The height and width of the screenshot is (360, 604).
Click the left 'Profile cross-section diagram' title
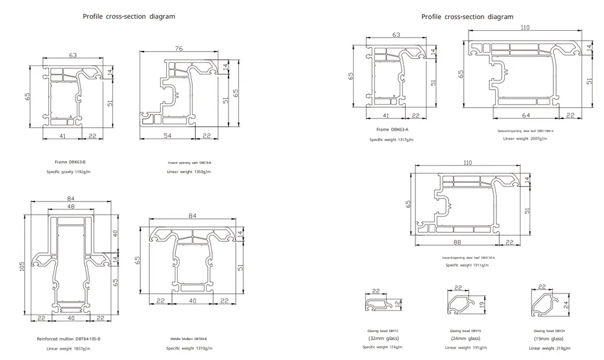click(x=129, y=17)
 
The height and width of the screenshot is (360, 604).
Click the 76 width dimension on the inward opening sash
click(x=179, y=49)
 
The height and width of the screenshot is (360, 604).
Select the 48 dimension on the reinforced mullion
click(x=72, y=208)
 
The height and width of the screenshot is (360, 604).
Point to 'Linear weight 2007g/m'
click(x=525, y=139)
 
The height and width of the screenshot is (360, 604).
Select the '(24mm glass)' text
click(x=466, y=339)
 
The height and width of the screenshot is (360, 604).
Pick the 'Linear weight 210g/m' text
click(x=551, y=348)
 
